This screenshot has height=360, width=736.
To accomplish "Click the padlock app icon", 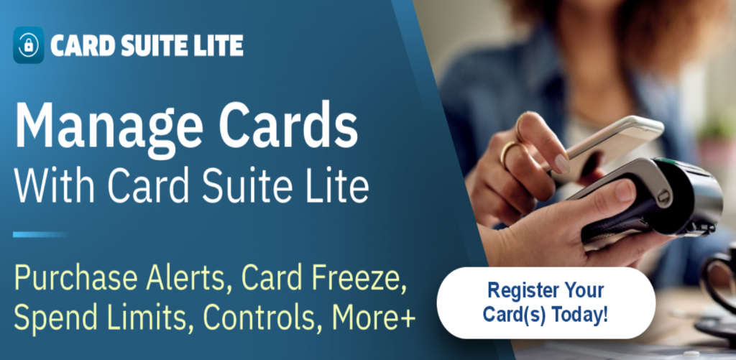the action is coord(29,45).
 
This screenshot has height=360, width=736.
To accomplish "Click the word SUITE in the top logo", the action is coord(156,46).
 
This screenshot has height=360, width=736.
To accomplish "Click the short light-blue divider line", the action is coord(41,234).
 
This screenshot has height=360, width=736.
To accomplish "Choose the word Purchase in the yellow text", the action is coord(76,280).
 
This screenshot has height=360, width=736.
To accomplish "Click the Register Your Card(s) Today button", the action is coord(546,303).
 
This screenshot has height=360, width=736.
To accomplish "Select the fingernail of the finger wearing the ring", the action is coord(562,164).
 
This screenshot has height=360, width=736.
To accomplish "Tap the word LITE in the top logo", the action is coord(221,46).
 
